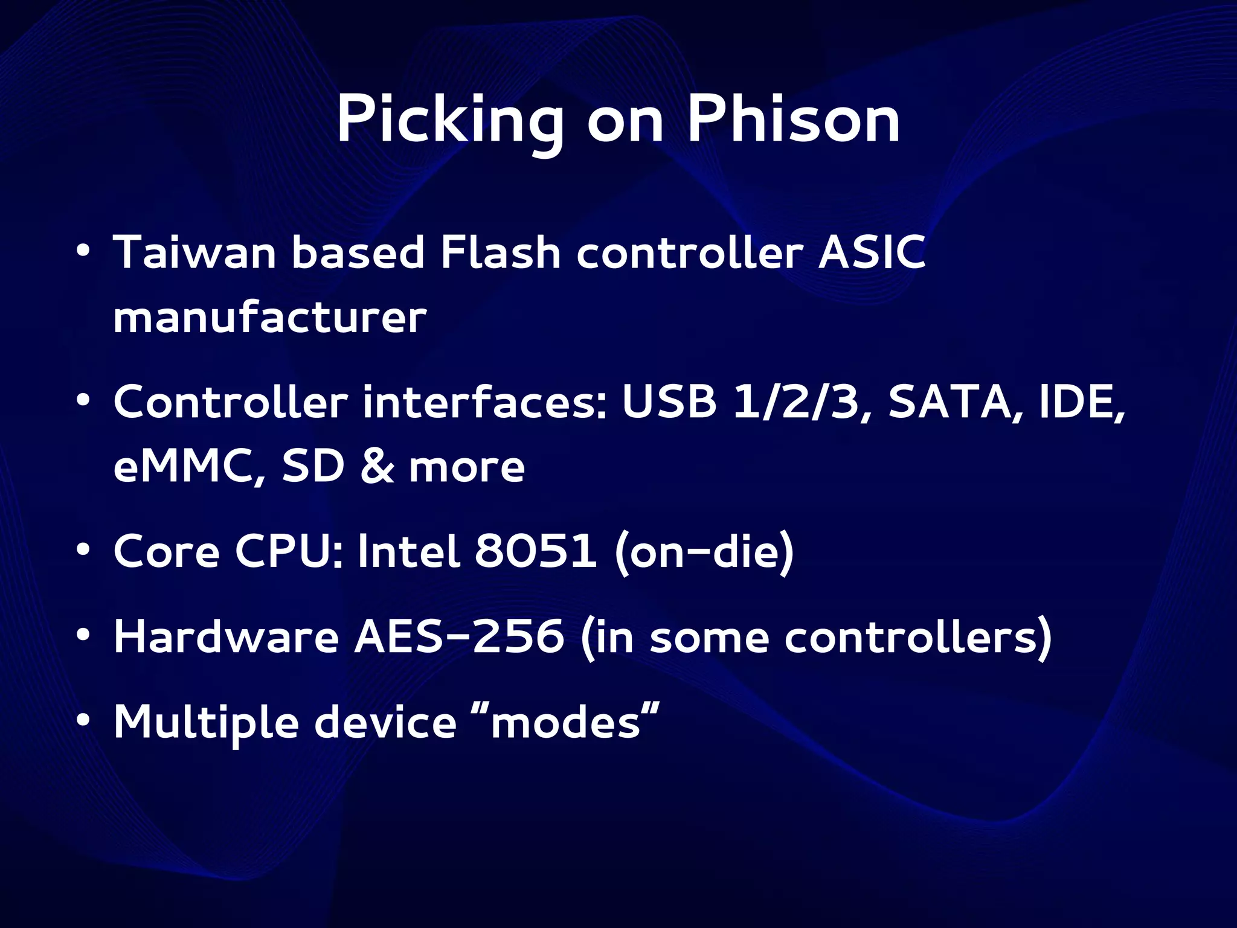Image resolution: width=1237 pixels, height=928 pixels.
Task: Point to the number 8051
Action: pos(535,551)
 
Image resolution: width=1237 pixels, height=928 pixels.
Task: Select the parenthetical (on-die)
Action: pos(704,552)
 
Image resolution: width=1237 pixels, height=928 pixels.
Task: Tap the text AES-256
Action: pos(458,637)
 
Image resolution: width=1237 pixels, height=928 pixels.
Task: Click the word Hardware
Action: pos(226,637)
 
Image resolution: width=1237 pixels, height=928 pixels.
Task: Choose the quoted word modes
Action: pos(565,722)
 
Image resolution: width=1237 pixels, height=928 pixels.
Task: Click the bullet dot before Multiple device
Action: pos(83,720)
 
